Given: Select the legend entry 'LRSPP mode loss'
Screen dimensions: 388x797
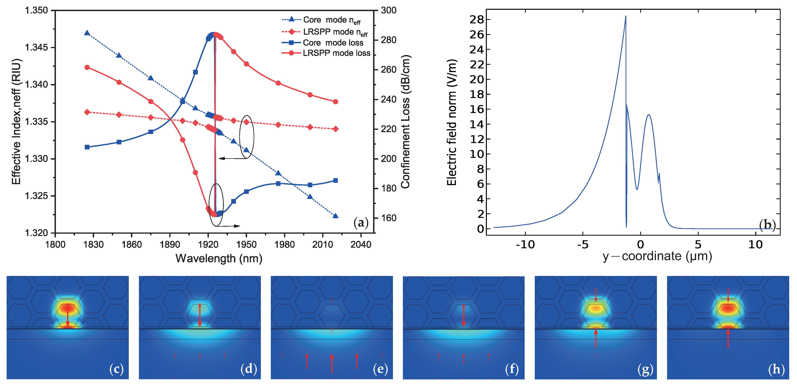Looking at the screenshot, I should pos(336,53).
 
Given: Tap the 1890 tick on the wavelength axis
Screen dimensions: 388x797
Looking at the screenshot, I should pos(169,244).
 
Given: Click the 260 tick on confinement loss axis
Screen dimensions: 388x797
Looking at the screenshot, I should pos(389,70).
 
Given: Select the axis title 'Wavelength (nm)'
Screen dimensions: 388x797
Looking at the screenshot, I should pos(219,258).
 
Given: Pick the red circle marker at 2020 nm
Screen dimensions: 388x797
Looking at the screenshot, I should pos(335,102).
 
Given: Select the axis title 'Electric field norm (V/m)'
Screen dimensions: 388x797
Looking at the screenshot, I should pos(452,122).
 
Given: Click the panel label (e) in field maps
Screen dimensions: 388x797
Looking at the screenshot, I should pos(380,369).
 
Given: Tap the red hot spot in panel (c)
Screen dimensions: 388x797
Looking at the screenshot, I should pos(68,308).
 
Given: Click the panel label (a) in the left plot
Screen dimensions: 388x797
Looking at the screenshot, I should pos(361,223).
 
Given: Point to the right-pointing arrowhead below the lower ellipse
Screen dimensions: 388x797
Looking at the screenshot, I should pos(237,226).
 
